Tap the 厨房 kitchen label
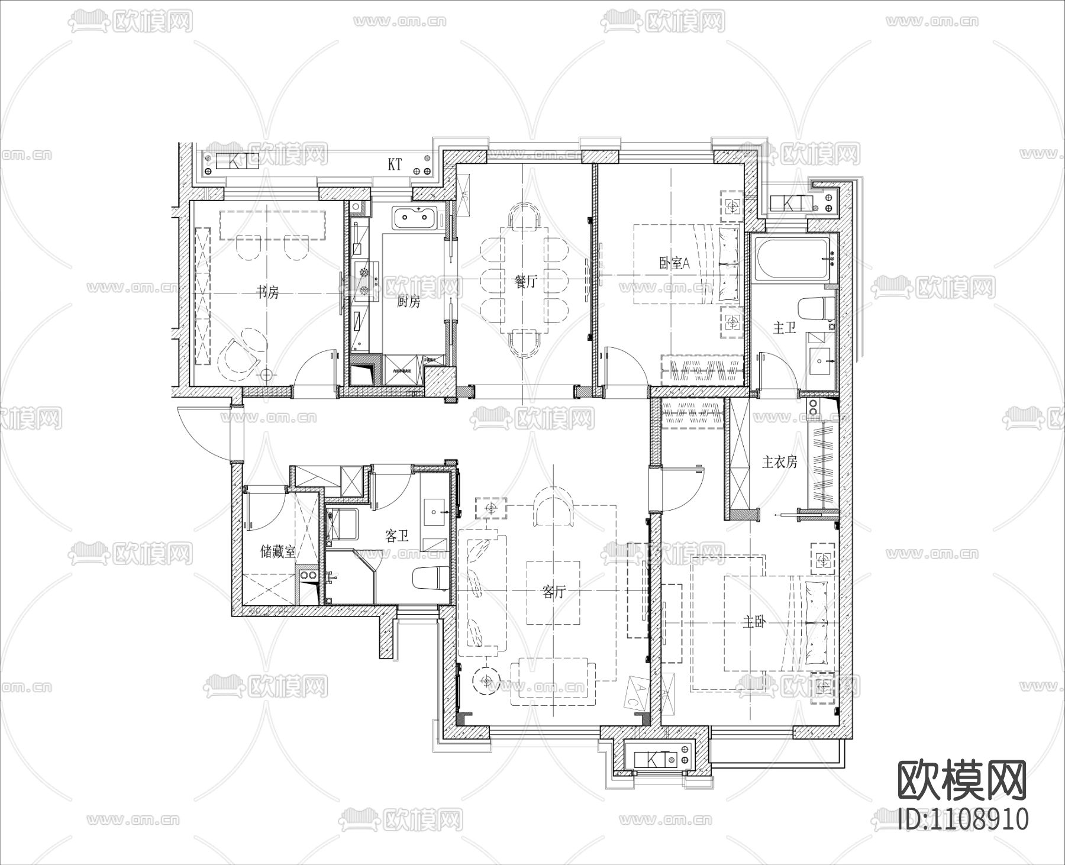pyautogui.click(x=408, y=302)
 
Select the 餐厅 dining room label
pyautogui.click(x=526, y=282)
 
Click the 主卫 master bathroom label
pyautogui.click(x=785, y=328)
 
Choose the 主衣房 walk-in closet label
pyautogui.click(x=779, y=462)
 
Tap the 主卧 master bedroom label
pyautogui.click(x=755, y=622)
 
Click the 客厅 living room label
pyautogui.click(x=553, y=592)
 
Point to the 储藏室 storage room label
pyautogui.click(x=278, y=552)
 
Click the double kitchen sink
pyautogui.click(x=418, y=217)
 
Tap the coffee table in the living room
pyautogui.click(x=553, y=592)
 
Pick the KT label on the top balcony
pyautogui.click(x=395, y=165)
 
